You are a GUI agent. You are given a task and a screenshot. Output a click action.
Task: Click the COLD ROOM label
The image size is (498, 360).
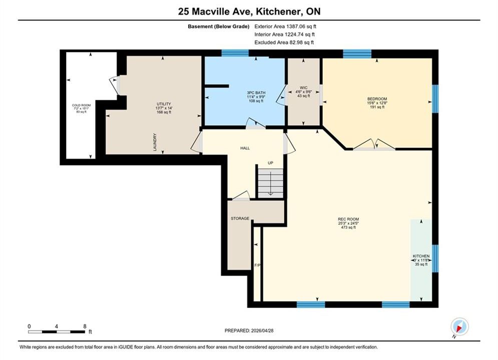[81, 105]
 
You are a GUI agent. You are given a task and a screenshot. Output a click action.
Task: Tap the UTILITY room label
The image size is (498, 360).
[164, 104]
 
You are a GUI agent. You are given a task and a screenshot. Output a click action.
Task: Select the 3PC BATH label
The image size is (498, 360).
[256, 92]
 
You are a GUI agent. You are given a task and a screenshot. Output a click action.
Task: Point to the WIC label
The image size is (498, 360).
[304, 87]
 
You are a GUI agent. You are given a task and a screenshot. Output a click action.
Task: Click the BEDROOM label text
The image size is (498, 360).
[377, 99]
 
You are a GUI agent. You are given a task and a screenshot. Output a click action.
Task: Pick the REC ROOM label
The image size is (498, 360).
[348, 219]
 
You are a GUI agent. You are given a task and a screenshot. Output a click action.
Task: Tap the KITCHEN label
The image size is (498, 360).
[421, 256]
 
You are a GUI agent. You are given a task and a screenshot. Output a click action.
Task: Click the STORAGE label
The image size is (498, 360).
[240, 218]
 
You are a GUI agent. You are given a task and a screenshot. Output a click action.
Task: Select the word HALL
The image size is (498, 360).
[245, 148]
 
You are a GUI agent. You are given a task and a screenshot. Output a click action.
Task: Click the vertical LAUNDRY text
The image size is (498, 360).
[155, 142]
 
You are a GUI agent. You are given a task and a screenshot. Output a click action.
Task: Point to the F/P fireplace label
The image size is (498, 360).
[257, 265]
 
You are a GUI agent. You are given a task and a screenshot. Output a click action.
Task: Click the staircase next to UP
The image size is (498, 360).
[270, 183]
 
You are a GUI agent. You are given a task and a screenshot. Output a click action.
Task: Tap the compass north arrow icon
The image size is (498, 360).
[459, 326]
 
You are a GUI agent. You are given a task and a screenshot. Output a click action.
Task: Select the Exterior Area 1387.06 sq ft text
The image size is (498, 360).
[285, 26]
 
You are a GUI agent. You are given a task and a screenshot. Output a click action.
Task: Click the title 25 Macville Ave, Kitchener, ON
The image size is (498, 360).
[249, 11]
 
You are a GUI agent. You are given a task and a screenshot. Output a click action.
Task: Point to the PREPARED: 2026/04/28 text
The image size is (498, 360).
[249, 330]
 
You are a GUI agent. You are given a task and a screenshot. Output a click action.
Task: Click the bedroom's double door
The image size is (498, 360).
[374, 144]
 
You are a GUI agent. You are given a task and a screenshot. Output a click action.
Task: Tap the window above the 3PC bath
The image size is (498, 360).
[235, 53]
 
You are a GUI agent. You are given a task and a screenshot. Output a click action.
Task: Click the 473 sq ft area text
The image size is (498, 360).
[348, 227]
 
